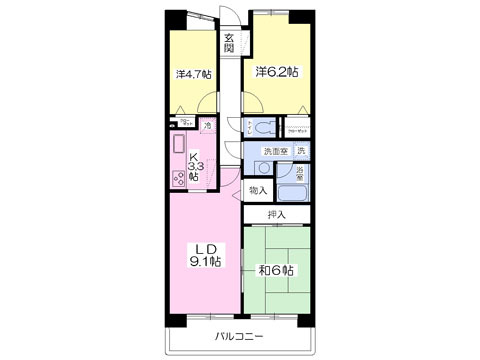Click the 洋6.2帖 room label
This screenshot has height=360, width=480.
pyautogui.click(x=275, y=71)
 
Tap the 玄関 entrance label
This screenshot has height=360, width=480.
pyautogui.click(x=230, y=44)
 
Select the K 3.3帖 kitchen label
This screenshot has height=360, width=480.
pyautogui.click(x=194, y=165)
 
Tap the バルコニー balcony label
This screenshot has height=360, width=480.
pyautogui.click(x=239, y=337)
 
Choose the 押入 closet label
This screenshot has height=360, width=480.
pyautogui.click(x=277, y=214)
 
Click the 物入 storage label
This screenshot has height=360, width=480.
pyautogui.click(x=258, y=190)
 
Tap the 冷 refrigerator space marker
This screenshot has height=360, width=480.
pyautogui.click(x=206, y=126)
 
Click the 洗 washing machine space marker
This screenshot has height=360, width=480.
pyautogui.click(x=301, y=151)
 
